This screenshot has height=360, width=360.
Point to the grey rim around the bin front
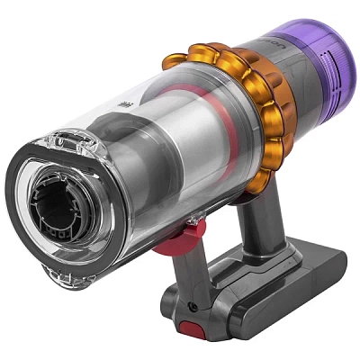(x=36, y=180)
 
